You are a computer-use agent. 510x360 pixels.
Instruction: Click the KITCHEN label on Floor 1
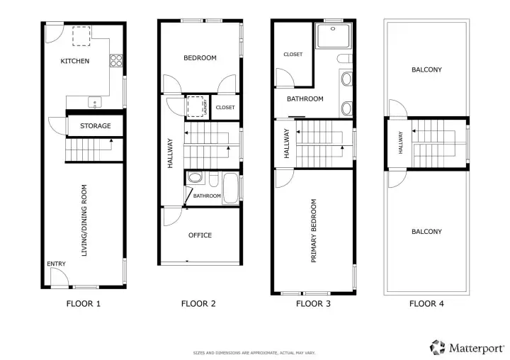pos(75,61)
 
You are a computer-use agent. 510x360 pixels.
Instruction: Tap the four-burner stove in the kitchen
pos(116,60)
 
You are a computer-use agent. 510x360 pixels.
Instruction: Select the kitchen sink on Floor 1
pos(95,102)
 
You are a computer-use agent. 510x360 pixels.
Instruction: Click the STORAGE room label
pos(96,125)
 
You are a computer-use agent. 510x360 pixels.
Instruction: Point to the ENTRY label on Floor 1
pos(56,264)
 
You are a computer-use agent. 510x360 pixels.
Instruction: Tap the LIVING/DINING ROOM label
pos(84,220)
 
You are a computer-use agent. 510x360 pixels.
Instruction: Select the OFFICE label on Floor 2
pos(200,235)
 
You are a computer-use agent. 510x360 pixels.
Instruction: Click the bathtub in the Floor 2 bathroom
pos(230,188)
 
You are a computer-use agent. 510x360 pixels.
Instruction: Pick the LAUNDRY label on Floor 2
pos(205,107)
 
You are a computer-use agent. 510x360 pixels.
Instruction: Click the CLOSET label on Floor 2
pos(225,107)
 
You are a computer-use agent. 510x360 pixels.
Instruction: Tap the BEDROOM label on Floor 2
pos(200,58)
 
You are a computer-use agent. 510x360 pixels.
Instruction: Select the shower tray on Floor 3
pos(334,35)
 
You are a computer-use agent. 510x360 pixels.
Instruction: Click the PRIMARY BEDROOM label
pos(314,231)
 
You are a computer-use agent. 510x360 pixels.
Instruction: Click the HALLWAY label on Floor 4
pos(400,142)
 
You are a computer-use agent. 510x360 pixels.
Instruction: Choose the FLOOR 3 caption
pos(313,304)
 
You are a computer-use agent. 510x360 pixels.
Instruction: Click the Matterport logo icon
pos(437,347)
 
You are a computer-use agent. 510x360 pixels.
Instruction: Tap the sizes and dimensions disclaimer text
pos(254,353)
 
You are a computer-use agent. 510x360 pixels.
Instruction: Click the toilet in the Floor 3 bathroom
pos(344,59)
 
